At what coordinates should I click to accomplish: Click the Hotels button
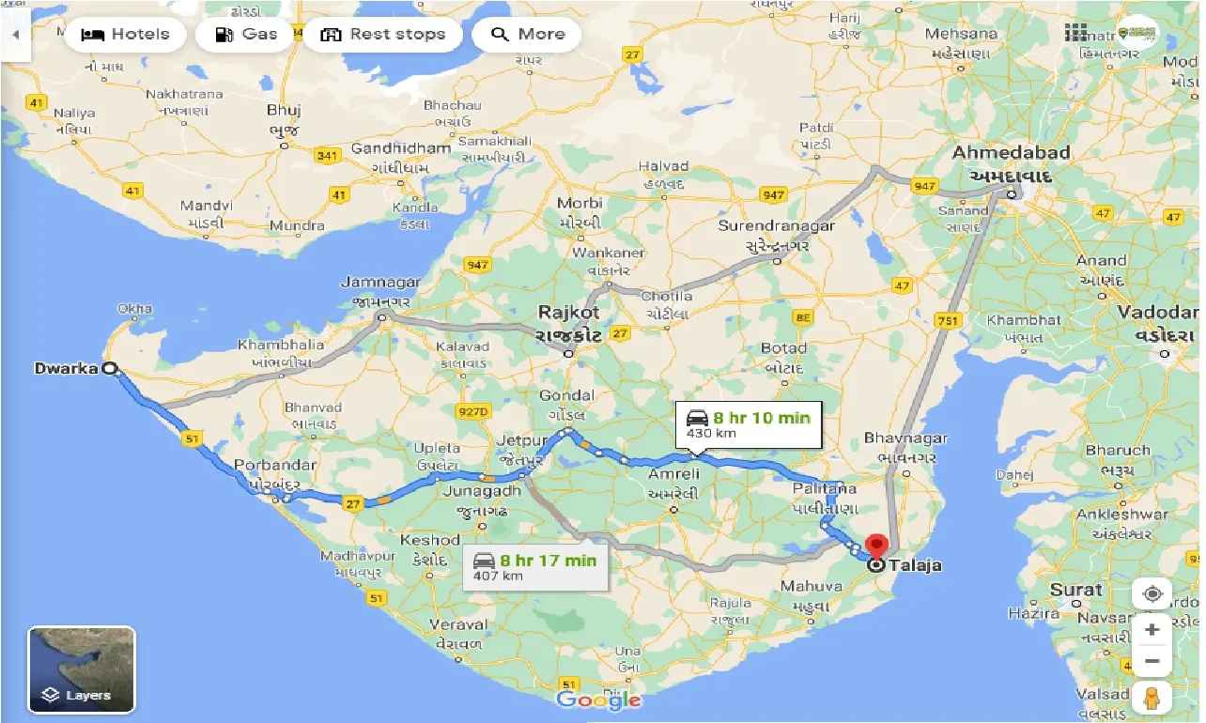click(x=125, y=35)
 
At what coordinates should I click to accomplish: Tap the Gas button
click(x=246, y=35)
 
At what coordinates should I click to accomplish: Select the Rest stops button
click(x=382, y=35)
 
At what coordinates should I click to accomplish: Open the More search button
click(x=527, y=35)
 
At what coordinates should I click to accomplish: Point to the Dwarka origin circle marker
click(x=110, y=369)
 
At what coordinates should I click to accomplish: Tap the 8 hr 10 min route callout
click(x=748, y=423)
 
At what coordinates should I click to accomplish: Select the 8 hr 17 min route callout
click(x=534, y=566)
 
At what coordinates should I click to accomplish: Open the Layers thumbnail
click(x=83, y=669)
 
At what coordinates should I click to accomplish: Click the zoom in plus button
click(x=1152, y=629)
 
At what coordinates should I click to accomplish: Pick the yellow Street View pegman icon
click(x=1152, y=699)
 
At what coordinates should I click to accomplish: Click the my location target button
click(x=1152, y=594)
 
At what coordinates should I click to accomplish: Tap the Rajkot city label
click(x=568, y=312)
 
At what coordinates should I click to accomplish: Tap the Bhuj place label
click(x=283, y=109)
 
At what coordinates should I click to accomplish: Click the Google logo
click(x=598, y=700)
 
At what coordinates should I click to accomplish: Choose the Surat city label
click(x=1075, y=591)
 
